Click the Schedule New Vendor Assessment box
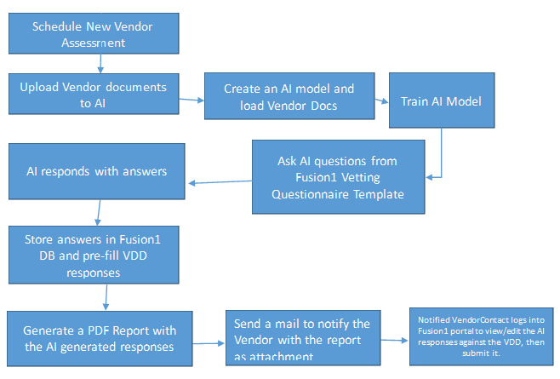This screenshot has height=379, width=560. click(93, 34)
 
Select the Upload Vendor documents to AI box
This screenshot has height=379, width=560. click(93, 94)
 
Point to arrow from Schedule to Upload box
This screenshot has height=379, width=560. click(100, 63)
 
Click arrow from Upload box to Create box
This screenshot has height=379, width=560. click(191, 100)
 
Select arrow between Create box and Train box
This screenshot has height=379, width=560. click(381, 100)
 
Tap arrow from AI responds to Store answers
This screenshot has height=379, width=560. click(100, 210)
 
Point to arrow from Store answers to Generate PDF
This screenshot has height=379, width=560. click(106, 297)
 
